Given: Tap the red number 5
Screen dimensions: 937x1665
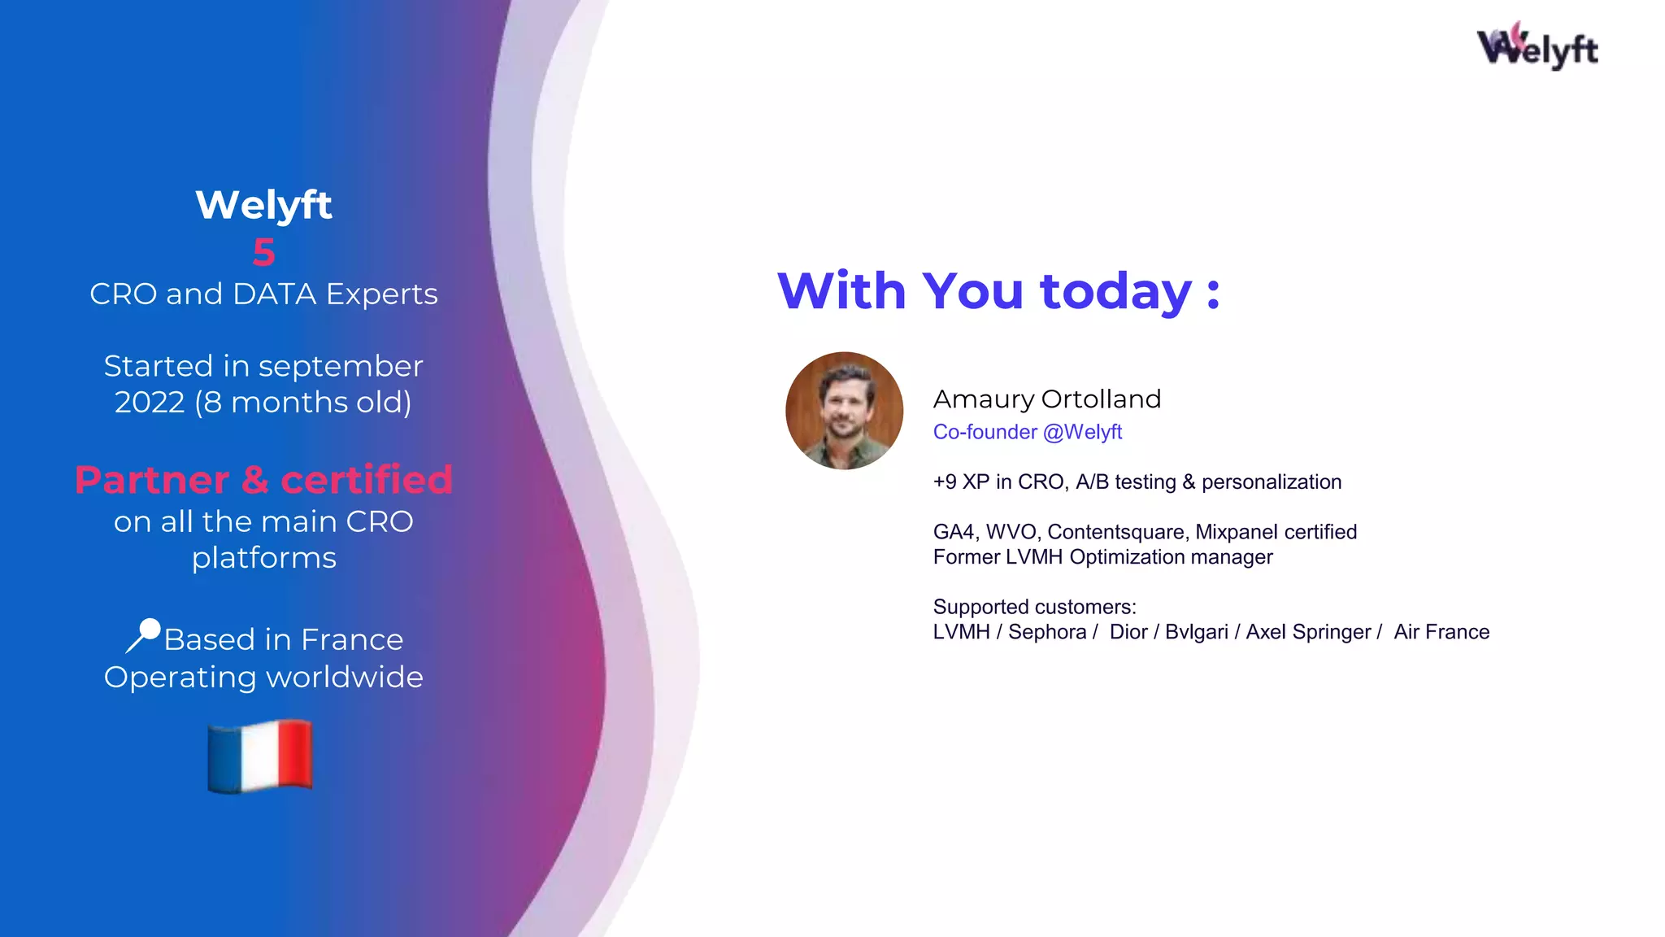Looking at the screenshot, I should (x=263, y=252).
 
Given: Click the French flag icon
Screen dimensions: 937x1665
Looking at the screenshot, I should (x=260, y=756).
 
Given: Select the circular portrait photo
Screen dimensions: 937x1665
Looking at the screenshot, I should (x=844, y=411).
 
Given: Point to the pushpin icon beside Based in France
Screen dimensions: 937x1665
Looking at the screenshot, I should (x=144, y=634).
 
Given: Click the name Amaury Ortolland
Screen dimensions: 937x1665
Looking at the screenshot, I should (x=1046, y=399).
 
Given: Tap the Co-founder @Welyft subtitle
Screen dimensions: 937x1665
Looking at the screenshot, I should (x=1027, y=432).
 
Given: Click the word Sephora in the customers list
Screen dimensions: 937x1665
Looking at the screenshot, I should (x=1046, y=632).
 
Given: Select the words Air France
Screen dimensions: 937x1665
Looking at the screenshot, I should (x=1441, y=632).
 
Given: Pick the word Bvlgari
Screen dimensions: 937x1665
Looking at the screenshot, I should (x=1196, y=632).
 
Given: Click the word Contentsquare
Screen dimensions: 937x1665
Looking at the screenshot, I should (x=1115, y=532).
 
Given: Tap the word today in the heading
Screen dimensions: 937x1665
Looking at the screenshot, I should (x=1115, y=291).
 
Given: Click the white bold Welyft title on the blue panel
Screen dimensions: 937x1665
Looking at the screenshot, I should (x=263, y=204).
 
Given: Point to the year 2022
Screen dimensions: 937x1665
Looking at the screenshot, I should (x=150, y=403).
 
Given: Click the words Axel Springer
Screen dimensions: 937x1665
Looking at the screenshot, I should (x=1308, y=632).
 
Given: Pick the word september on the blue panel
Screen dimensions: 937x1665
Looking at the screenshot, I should (x=341, y=367).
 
